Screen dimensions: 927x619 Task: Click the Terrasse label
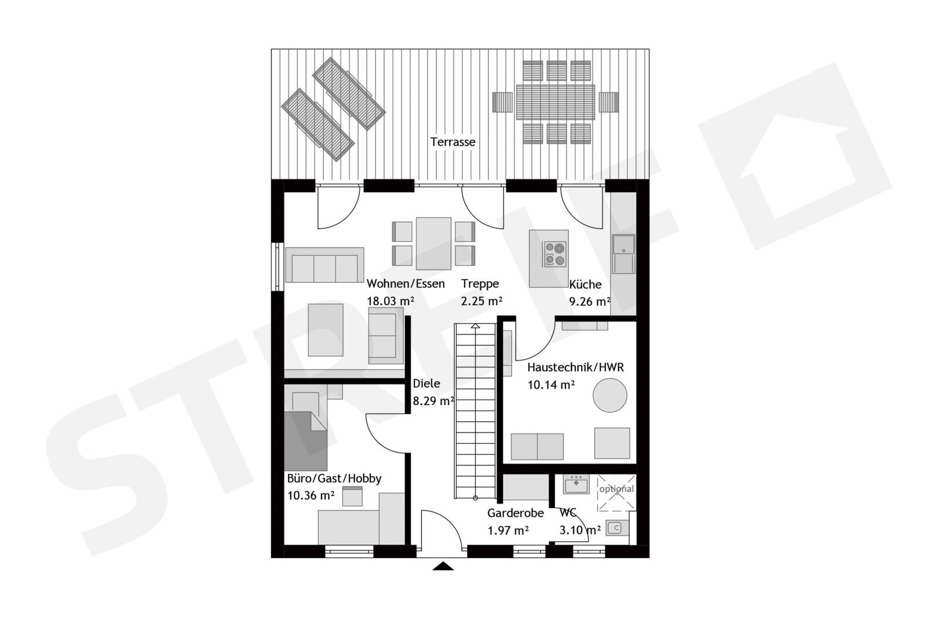point(452,142)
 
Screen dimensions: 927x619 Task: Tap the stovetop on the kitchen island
point(555,254)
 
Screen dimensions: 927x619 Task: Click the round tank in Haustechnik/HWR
point(610,395)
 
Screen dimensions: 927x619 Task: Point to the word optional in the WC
point(616,489)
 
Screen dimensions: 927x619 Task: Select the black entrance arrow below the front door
point(443,566)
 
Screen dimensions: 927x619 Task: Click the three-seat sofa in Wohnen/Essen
point(324,265)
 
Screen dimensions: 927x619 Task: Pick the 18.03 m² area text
point(390,301)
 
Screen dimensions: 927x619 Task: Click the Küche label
point(585,284)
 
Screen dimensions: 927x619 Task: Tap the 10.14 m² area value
point(551,385)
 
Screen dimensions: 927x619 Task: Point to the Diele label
point(426,383)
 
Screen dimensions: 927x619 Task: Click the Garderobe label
point(516,513)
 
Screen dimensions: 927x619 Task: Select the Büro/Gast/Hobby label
point(334,479)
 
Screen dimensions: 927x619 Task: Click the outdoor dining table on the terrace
point(556,102)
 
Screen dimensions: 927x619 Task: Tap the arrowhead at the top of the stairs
point(476,325)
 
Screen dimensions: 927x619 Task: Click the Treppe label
point(480,284)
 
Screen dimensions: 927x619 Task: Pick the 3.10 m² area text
point(580,530)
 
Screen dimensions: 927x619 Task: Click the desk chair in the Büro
point(352,497)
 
